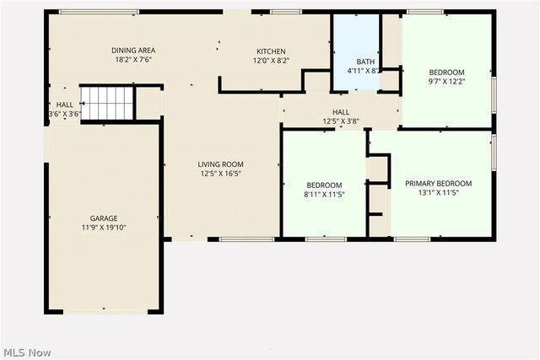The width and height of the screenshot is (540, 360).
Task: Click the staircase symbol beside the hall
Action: [x=107, y=103]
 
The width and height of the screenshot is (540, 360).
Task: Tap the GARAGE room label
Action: [x=105, y=218]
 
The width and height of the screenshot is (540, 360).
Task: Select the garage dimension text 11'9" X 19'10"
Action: [x=105, y=228]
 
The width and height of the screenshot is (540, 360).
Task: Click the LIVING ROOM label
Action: [x=221, y=164]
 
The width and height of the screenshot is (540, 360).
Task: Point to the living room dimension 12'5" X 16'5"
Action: [x=221, y=175]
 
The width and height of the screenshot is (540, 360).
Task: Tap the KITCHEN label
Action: [x=271, y=51]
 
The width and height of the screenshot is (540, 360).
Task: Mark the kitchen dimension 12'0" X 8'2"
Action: [x=271, y=61]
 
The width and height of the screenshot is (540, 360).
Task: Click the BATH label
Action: [x=365, y=62]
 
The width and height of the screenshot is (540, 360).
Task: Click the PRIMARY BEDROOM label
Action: [x=438, y=184]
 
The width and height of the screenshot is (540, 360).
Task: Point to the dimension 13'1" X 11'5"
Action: [x=438, y=194]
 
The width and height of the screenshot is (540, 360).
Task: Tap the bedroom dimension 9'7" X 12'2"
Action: [x=447, y=82]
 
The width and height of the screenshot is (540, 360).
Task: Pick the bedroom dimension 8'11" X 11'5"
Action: [x=324, y=195]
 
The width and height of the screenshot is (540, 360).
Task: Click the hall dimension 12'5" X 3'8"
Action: [x=340, y=121]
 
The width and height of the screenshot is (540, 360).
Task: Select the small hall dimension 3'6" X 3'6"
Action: [x=65, y=114]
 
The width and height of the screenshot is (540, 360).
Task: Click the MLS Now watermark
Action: [x=27, y=352]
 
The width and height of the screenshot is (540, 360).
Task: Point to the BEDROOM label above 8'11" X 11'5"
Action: [x=324, y=185]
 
